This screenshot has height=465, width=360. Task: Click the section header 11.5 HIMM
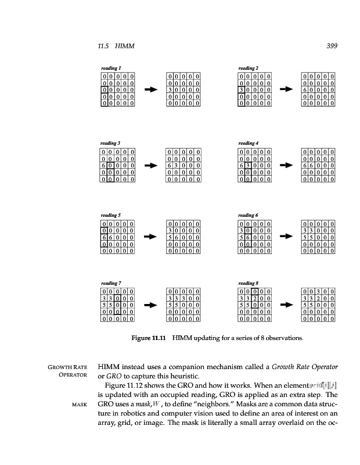click(x=117, y=46)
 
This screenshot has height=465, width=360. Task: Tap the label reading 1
click(x=112, y=69)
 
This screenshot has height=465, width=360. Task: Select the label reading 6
click(x=249, y=215)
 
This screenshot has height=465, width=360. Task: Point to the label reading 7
click(x=112, y=282)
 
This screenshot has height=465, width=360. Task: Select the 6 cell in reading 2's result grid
click(x=305, y=90)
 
